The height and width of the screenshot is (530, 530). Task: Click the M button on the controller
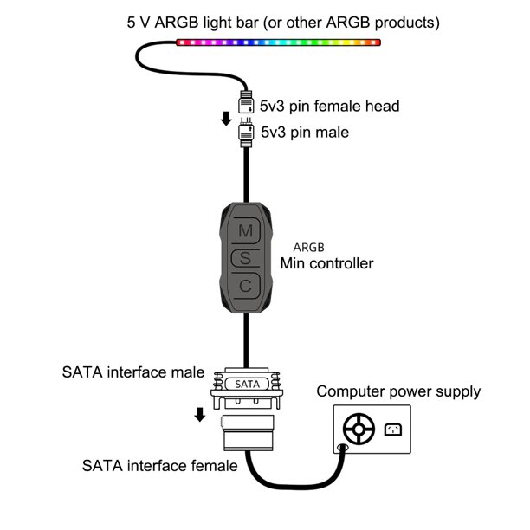(246, 231)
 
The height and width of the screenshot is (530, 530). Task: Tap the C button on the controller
(246, 285)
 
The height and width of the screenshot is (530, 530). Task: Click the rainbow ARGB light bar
(277, 41)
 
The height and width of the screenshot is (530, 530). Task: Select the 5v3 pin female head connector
(245, 100)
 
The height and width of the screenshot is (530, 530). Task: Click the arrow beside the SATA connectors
(200, 414)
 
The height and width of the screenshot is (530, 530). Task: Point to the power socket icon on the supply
(391, 429)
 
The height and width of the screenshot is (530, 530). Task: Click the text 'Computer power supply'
(397, 391)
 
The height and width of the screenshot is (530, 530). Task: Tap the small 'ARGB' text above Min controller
(308, 246)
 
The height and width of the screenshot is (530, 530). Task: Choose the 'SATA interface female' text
(159, 466)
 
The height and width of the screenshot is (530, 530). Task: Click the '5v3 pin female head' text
(329, 107)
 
